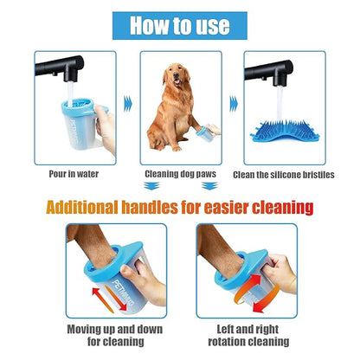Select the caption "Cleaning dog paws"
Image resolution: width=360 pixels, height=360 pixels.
coord(181,173)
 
